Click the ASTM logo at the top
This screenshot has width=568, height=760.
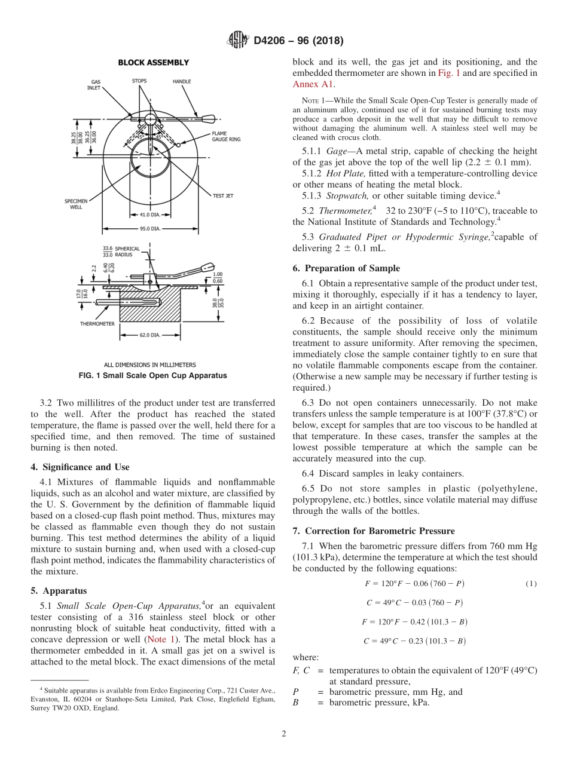(238, 41)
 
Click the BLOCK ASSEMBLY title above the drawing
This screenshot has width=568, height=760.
(153, 62)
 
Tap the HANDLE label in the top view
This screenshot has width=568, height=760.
(182, 81)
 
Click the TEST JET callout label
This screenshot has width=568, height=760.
(223, 195)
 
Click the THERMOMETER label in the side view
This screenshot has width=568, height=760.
(97, 323)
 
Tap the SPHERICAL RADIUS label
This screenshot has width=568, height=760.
(127, 251)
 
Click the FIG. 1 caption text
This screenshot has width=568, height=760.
(153, 376)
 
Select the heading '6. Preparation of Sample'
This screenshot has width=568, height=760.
(346, 268)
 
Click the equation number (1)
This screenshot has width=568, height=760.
(531, 583)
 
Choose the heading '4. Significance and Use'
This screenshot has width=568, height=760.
(80, 467)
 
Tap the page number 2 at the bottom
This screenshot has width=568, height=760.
(284, 734)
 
